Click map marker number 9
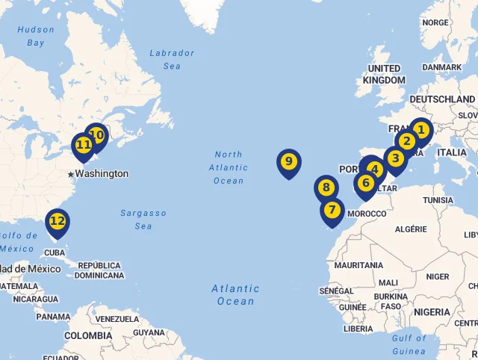[x=288, y=162]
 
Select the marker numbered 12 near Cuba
[x=58, y=221]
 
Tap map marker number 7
[x=332, y=211]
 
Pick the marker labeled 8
[x=326, y=187]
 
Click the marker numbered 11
[x=83, y=145]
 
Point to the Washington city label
[x=102, y=173]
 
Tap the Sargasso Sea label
[x=143, y=220]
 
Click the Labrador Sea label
[x=172, y=59]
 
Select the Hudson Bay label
[x=36, y=36]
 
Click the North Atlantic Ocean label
[x=229, y=167]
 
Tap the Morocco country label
[x=367, y=214]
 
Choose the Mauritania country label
[x=358, y=265]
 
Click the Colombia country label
[x=88, y=335]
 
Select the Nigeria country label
[x=432, y=311]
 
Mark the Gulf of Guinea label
[x=409, y=344]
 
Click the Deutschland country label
[x=442, y=99]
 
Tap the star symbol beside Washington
[x=71, y=174]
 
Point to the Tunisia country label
[x=438, y=200]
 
